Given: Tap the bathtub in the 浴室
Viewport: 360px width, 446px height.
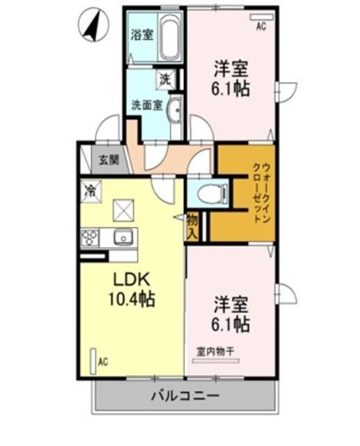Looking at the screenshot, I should [x=169, y=36].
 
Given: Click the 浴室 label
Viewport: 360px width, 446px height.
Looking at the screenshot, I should [x=142, y=35].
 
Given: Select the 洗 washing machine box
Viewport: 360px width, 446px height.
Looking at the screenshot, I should [x=165, y=79].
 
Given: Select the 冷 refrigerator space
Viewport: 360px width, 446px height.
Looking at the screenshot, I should [x=90, y=190].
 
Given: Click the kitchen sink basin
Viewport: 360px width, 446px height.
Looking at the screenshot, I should [x=123, y=238].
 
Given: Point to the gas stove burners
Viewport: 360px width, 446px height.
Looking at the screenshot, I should [x=90, y=238].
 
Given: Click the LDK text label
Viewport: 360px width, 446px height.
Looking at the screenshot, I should [x=132, y=279].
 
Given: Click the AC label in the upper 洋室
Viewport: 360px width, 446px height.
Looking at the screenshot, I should [x=261, y=26].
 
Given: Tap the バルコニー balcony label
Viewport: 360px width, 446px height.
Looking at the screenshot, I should [x=185, y=397].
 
